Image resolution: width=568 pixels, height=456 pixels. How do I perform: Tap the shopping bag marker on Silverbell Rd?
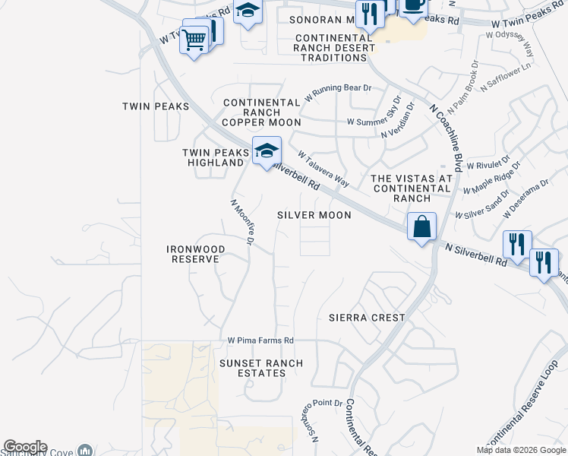[421, 226]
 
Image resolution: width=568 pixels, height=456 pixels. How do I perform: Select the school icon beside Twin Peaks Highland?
[267, 151]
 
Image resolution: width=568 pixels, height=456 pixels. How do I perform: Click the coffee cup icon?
[414, 5]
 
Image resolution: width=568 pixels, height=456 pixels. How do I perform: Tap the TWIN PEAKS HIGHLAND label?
[216, 157]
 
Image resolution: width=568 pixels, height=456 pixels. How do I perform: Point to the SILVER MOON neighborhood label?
[314, 215]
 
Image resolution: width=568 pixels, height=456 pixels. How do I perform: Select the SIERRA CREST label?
[368, 317]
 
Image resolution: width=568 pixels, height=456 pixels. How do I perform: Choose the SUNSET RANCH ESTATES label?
[261, 369]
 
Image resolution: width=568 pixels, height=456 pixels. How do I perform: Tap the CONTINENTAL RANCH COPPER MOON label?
[262, 112]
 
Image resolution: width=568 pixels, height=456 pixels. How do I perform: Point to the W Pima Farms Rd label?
[260, 340]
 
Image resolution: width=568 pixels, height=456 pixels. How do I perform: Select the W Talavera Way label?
[323, 168]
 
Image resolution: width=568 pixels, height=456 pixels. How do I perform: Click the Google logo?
[25, 447]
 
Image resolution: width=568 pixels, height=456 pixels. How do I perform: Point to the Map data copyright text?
[521, 450]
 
